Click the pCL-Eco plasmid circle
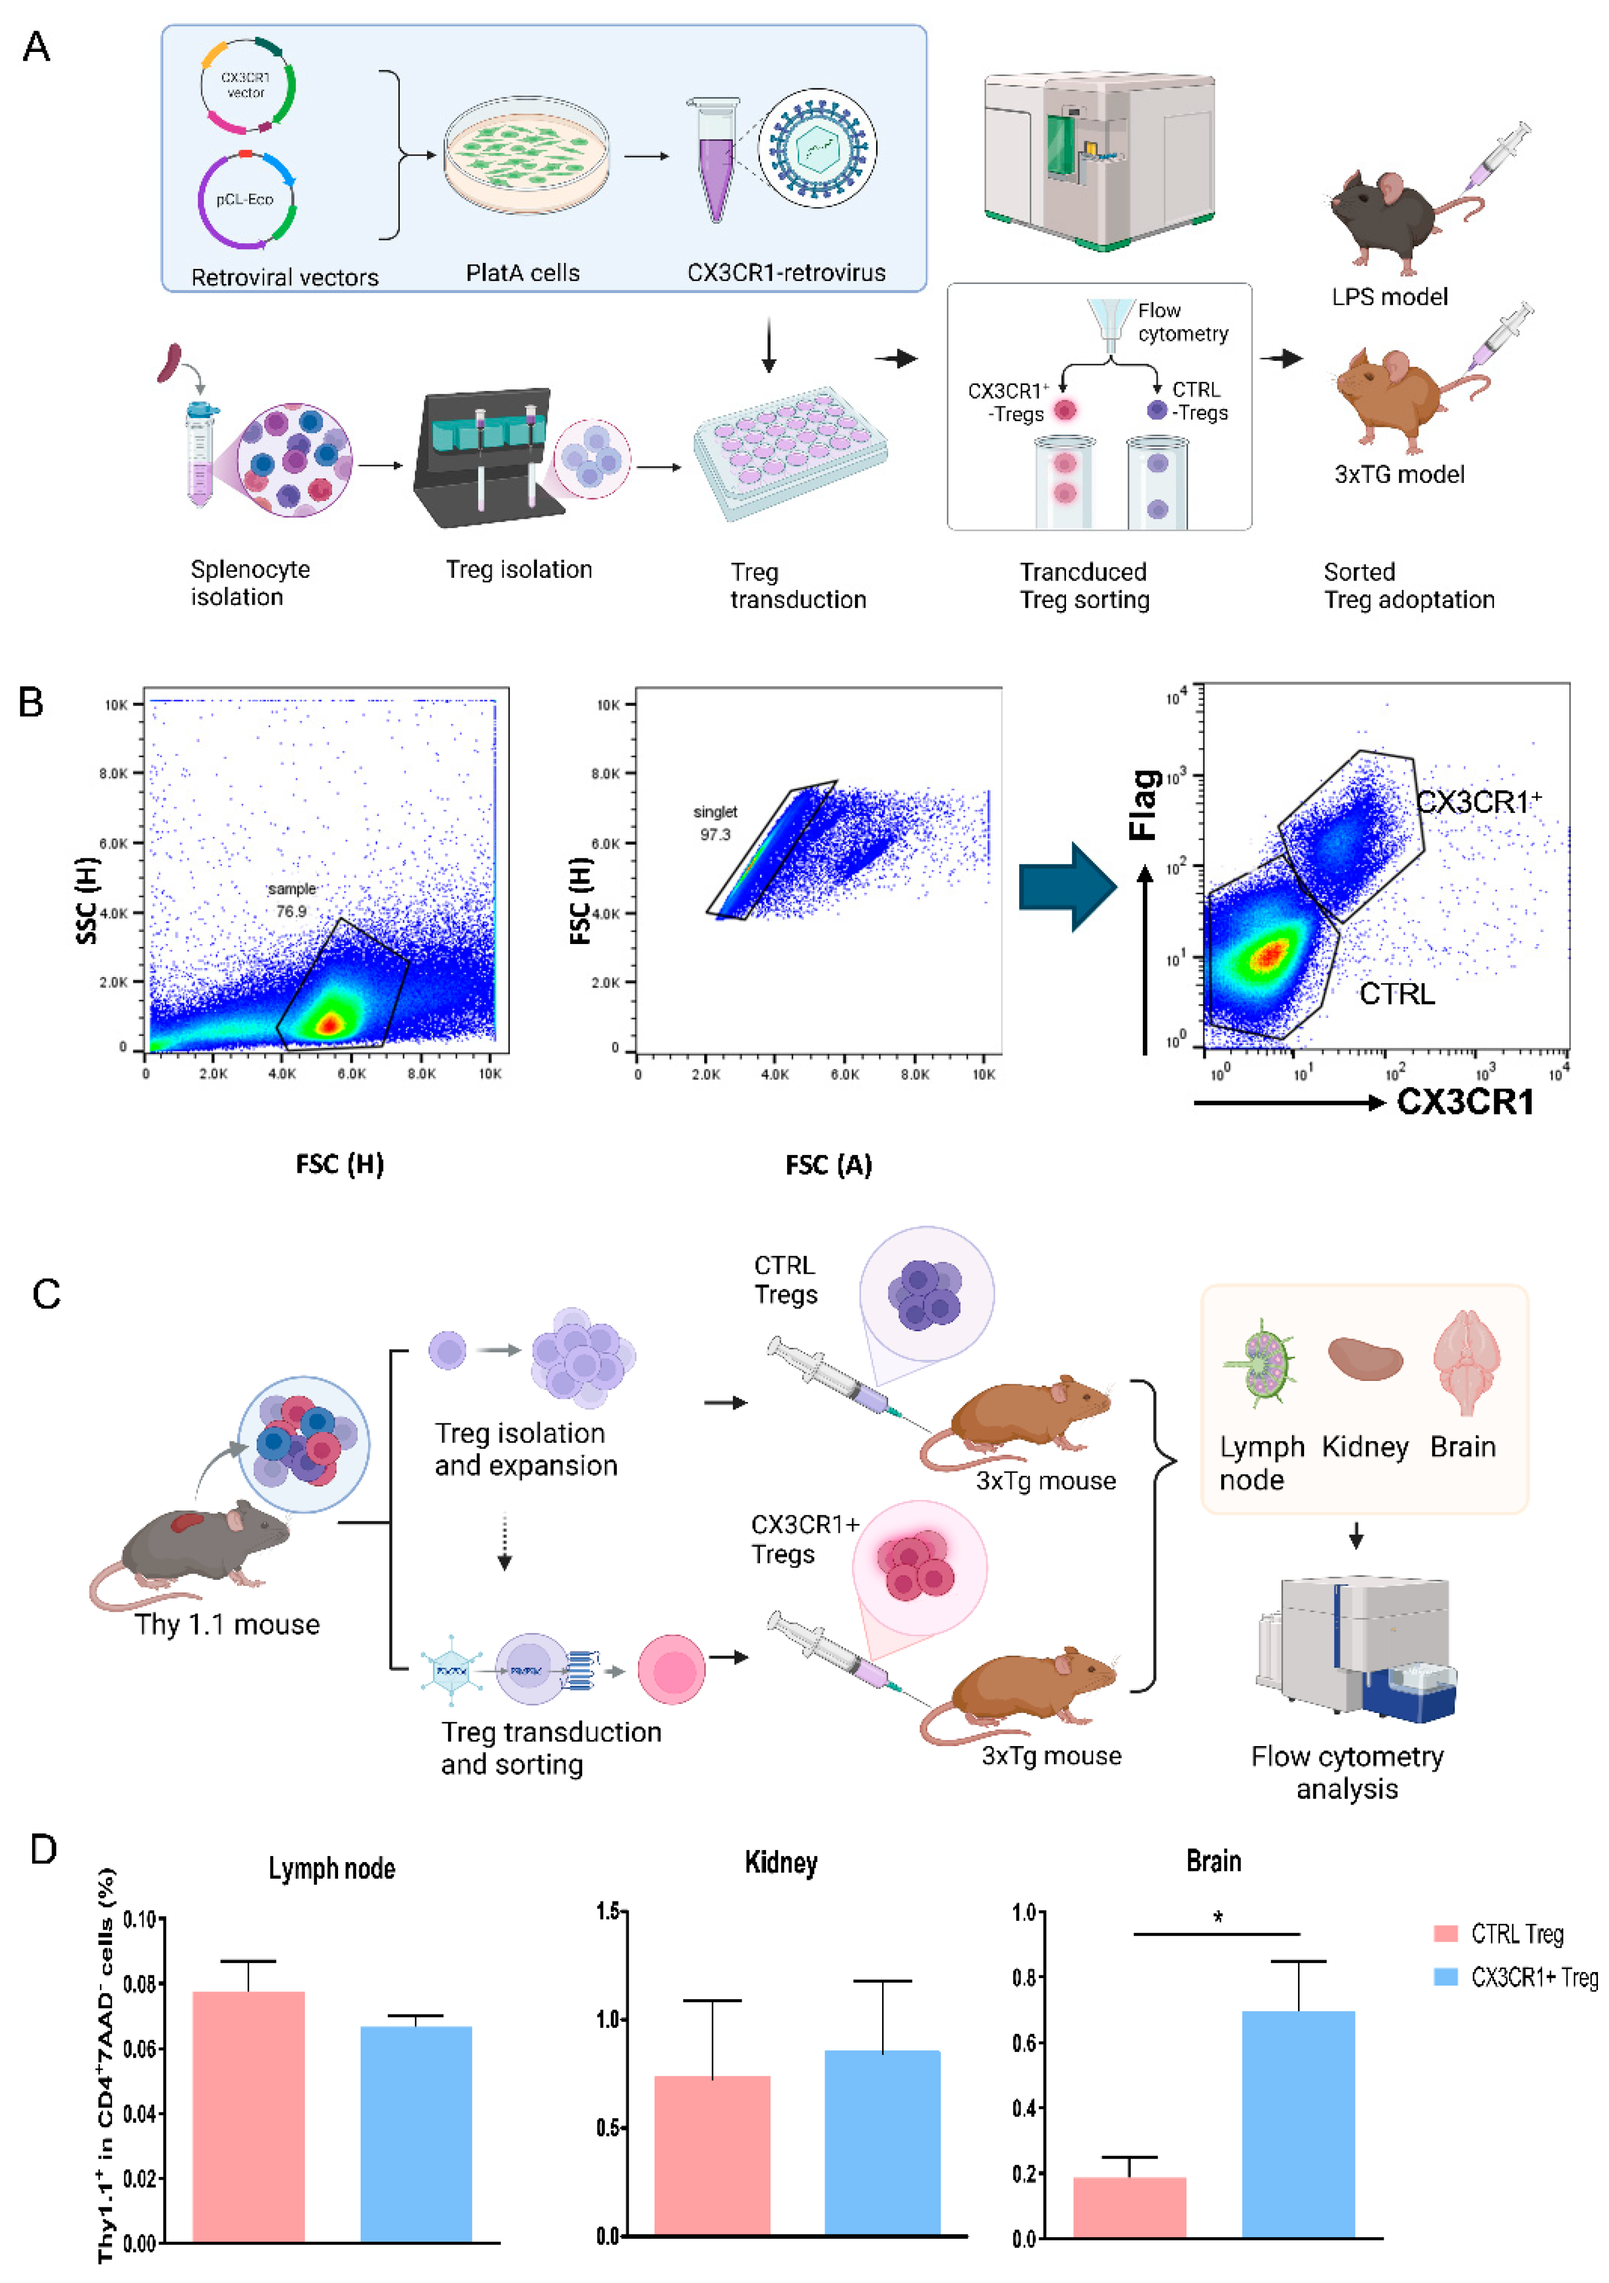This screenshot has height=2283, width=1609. click(246, 200)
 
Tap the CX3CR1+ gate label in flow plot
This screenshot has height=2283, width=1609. click(1478, 802)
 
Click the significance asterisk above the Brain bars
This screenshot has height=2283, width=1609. click(1217, 1917)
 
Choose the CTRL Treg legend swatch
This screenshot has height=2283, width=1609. click(1445, 1934)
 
